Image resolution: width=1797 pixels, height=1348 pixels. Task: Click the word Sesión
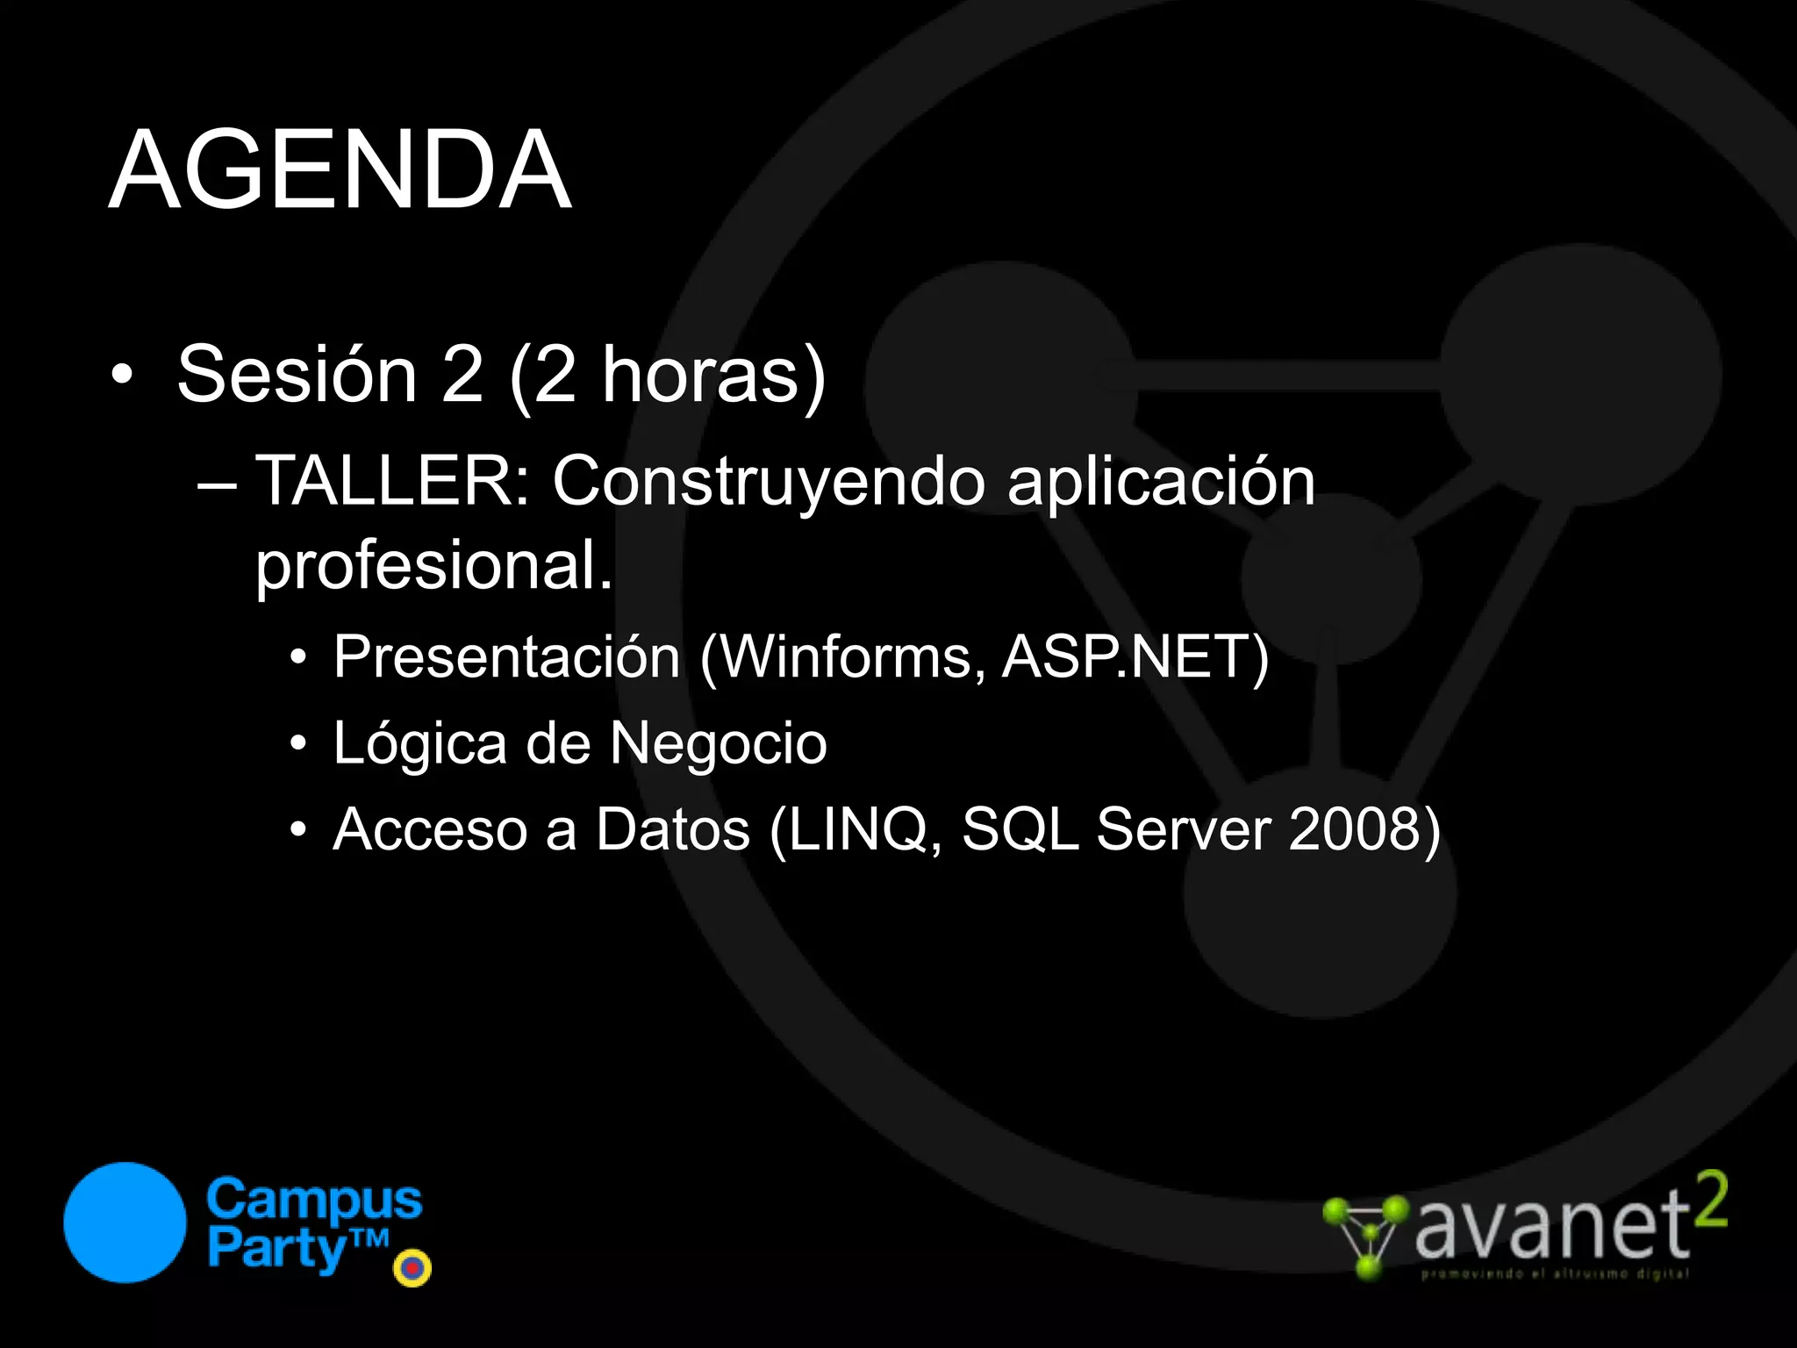tap(297, 375)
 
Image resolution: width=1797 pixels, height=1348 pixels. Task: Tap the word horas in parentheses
tap(700, 375)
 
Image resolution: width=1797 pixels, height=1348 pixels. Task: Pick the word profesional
tap(433, 567)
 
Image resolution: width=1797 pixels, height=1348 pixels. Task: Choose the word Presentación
tap(507, 657)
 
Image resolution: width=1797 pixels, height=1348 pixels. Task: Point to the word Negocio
tap(718, 743)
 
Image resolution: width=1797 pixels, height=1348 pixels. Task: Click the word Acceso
tap(431, 829)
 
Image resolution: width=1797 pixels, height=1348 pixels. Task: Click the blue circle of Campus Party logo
tap(125, 1223)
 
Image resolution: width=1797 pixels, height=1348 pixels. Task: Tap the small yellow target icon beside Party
tap(412, 1268)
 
